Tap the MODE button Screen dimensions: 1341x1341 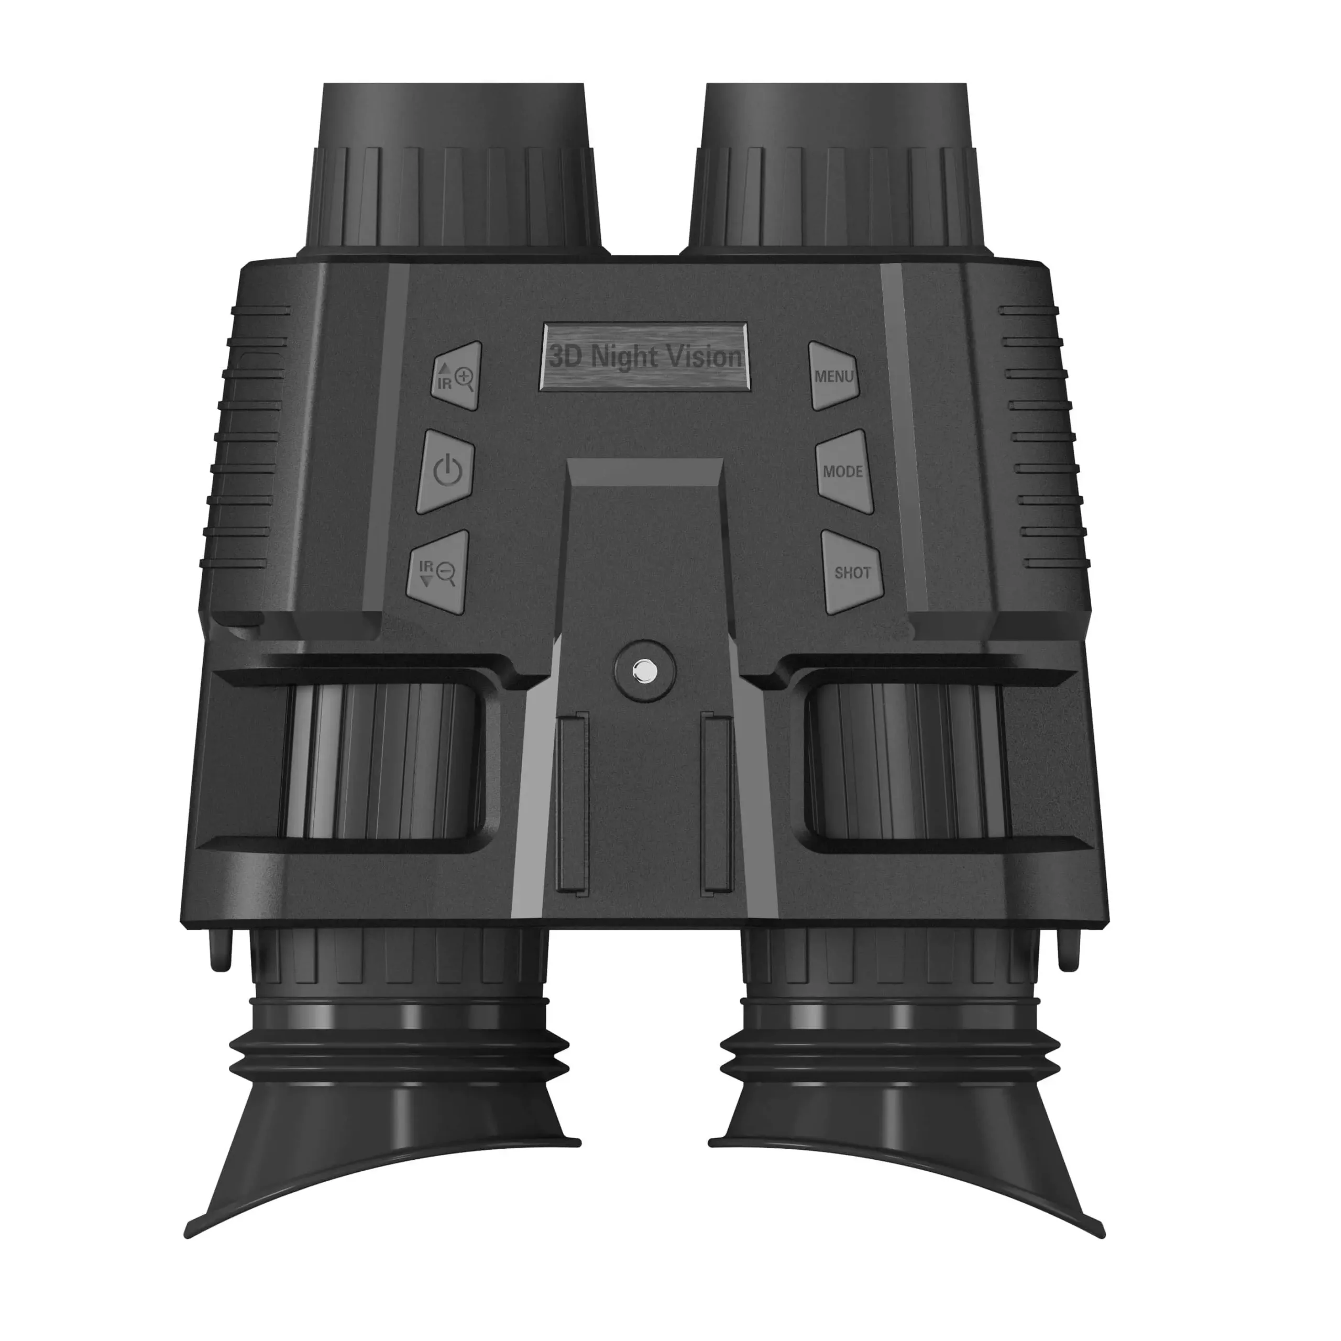[843, 471]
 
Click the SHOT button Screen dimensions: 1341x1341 [852, 573]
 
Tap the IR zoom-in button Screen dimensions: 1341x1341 [456, 376]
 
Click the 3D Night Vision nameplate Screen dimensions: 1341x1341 [645, 357]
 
